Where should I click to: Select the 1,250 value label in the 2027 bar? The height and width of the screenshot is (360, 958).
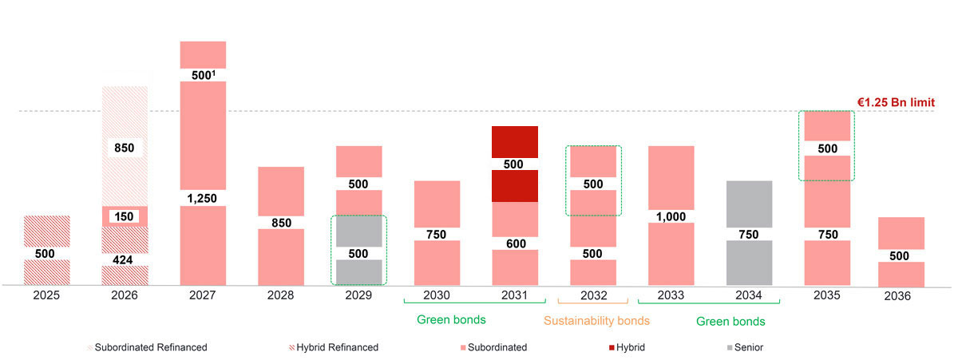pyautogui.click(x=203, y=198)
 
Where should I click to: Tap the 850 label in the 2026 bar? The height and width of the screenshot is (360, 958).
pyautogui.click(x=125, y=148)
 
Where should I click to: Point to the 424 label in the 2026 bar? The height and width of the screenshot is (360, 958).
pyautogui.click(x=125, y=259)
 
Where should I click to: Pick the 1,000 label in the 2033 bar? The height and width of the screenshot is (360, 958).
pyautogui.click(x=671, y=216)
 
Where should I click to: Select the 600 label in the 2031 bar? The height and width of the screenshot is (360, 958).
pyautogui.click(x=514, y=243)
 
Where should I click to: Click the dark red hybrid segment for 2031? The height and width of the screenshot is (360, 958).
pyautogui.click(x=514, y=144)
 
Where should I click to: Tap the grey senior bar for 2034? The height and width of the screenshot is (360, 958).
pyautogui.click(x=749, y=204)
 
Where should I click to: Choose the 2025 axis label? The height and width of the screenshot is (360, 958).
pyautogui.click(x=47, y=295)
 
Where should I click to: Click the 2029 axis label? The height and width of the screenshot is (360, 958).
pyautogui.click(x=359, y=295)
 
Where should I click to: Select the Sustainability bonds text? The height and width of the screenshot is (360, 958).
pyautogui.click(x=596, y=322)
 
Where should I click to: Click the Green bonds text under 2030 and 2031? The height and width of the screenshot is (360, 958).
pyautogui.click(x=451, y=321)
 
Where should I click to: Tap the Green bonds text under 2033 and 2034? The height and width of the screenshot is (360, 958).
pyautogui.click(x=730, y=322)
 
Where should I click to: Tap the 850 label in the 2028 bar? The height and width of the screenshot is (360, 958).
pyautogui.click(x=281, y=223)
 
